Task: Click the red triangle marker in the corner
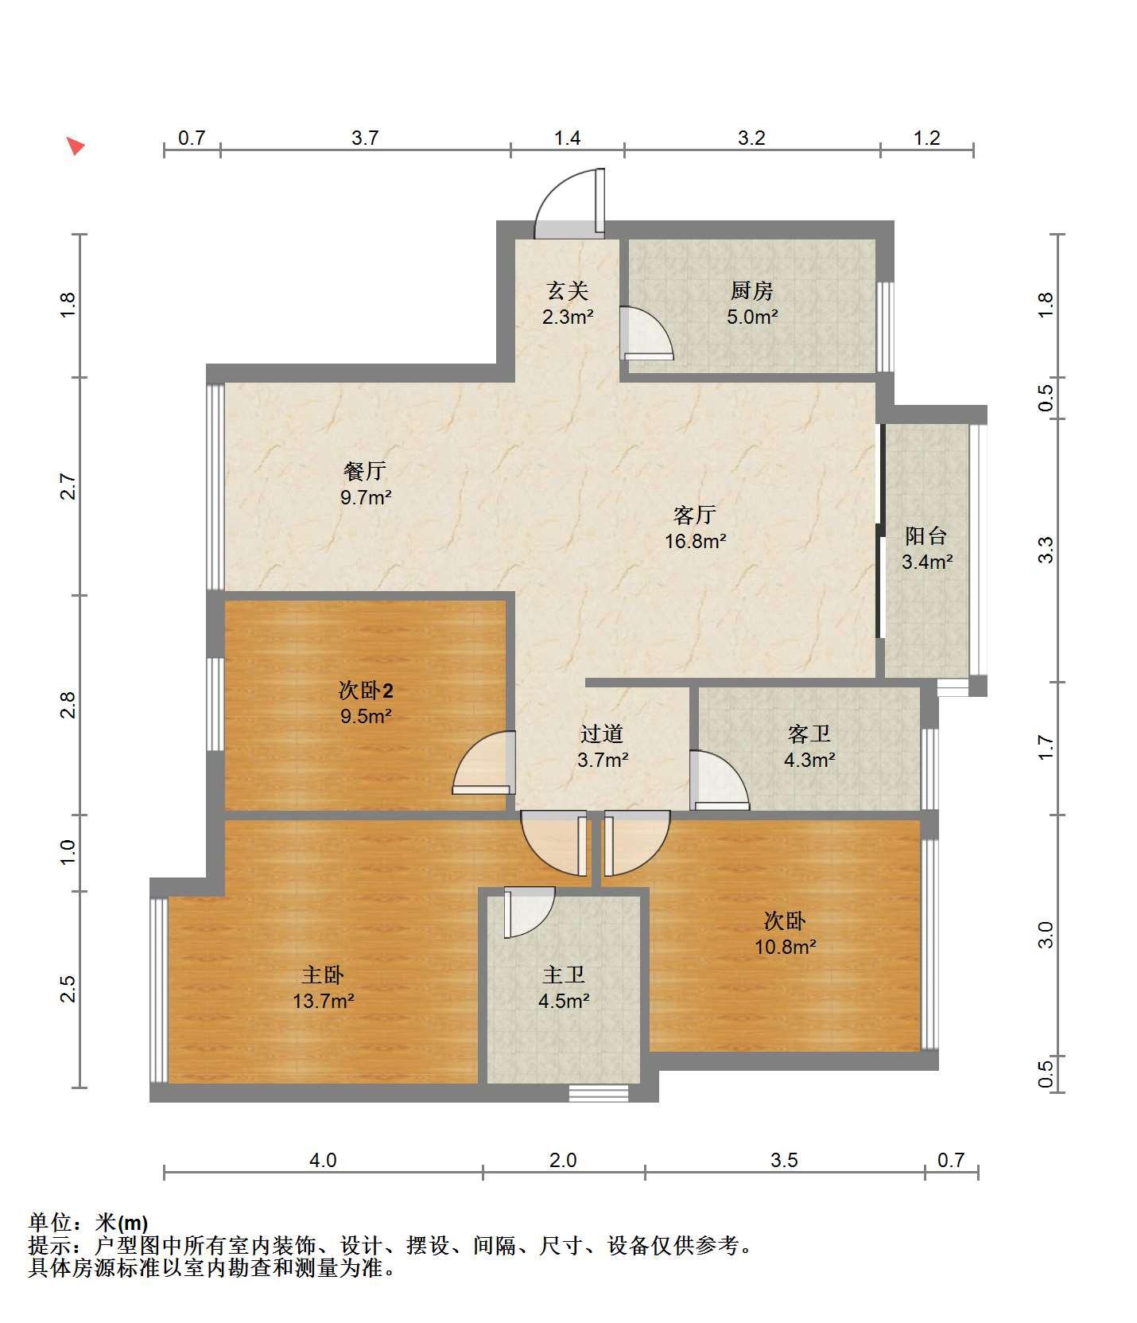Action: (75, 146)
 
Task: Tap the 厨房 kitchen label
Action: (751, 291)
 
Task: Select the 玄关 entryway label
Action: (568, 291)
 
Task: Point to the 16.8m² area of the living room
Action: (696, 542)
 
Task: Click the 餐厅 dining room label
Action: (365, 472)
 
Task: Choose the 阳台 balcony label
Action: (926, 536)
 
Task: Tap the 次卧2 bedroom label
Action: (366, 691)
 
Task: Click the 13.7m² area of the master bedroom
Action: (324, 1001)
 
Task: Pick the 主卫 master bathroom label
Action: (564, 975)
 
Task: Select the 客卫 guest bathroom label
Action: (809, 733)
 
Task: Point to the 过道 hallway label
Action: (602, 733)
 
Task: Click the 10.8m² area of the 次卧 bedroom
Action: (786, 947)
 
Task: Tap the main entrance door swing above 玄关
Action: (569, 203)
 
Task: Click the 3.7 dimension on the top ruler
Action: (365, 138)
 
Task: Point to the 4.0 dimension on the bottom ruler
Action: (323, 1161)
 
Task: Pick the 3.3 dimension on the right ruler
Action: (1046, 550)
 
